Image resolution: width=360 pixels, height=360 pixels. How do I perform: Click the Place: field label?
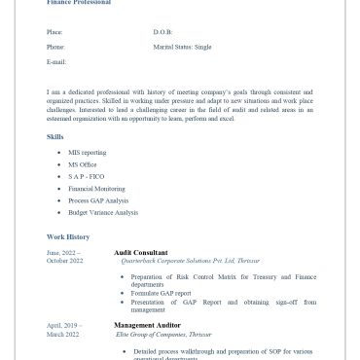[54, 32]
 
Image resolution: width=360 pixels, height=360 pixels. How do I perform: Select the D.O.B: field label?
[162, 32]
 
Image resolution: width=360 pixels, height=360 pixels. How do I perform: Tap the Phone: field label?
[55, 47]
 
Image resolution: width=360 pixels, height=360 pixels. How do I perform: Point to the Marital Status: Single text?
[182, 47]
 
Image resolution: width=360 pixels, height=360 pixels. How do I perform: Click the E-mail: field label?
[56, 61]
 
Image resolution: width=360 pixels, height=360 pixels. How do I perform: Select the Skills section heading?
[55, 136]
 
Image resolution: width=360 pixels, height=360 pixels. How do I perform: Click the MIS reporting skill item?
[88, 153]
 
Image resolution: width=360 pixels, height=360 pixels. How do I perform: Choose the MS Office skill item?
[83, 164]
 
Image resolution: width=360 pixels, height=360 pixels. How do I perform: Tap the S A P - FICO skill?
[86, 176]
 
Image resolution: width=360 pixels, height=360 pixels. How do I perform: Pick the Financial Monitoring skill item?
[96, 189]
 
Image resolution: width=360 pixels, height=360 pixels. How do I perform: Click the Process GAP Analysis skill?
[98, 200]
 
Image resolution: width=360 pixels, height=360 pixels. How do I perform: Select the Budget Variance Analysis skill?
[103, 212]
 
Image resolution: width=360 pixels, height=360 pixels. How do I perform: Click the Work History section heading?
[68, 236]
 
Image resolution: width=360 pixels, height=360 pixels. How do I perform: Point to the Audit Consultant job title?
[140, 252]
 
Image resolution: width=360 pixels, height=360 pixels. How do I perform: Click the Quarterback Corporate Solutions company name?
[190, 261]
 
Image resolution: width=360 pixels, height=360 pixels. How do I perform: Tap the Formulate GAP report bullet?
[162, 293]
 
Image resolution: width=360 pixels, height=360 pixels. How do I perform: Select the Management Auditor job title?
[146, 325]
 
